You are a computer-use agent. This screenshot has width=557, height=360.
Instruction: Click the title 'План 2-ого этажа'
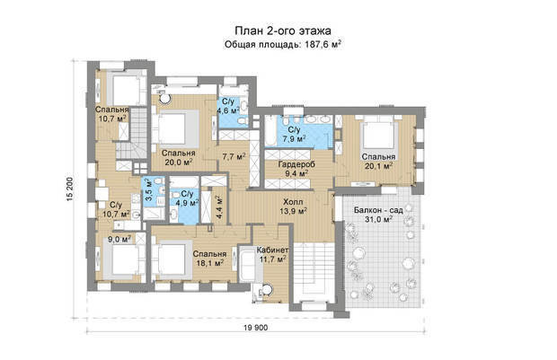point(283,31)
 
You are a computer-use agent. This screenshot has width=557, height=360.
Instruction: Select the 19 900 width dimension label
point(256,328)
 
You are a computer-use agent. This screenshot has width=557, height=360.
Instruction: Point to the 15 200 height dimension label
point(70,189)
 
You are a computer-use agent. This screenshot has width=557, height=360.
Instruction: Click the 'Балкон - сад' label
point(378,210)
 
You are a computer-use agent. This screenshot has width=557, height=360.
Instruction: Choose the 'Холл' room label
point(293,202)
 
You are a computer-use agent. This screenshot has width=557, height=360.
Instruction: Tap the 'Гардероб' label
point(296,164)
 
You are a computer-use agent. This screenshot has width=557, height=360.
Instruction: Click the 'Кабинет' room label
point(272,250)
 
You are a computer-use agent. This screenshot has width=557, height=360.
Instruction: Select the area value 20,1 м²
point(379,165)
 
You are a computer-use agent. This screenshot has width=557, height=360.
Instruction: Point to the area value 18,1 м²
point(210,263)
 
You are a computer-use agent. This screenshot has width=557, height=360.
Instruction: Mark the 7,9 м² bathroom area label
point(294,138)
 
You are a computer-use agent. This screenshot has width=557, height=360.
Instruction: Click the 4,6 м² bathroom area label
point(228,110)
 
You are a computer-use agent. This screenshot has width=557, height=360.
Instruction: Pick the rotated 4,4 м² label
point(218,207)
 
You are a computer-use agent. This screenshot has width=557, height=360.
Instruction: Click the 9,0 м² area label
point(119,240)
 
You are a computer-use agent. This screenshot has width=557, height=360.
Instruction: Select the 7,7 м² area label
point(234,156)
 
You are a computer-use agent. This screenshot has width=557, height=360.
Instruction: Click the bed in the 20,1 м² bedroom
point(379,136)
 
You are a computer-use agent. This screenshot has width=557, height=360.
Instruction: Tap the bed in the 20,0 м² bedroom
point(174,128)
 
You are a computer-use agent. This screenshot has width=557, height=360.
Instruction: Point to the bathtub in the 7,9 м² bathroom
point(270,130)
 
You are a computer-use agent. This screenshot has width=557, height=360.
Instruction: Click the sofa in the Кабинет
point(247,264)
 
